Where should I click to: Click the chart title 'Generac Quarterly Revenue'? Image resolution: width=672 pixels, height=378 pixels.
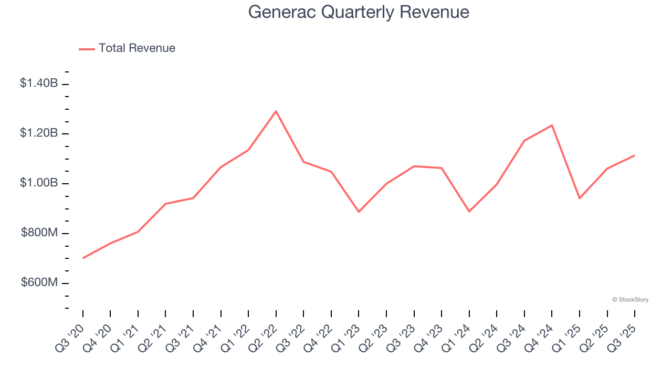(359, 12)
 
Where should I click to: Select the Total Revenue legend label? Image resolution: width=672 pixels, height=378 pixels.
(136, 48)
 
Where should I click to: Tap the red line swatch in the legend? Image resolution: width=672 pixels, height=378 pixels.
(87, 49)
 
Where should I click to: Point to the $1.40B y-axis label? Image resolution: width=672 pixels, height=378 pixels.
(39, 83)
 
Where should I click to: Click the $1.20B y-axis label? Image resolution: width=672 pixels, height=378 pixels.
(39, 133)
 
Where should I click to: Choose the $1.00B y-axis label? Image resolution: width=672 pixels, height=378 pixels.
(39, 183)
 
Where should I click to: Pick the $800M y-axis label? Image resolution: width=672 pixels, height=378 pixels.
(39, 233)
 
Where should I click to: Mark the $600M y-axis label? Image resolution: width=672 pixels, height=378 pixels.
(39, 282)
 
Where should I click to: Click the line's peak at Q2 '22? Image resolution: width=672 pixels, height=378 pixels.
(276, 111)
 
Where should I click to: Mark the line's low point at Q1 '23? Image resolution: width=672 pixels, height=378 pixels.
(359, 212)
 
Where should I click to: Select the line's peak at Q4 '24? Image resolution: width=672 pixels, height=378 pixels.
(552, 125)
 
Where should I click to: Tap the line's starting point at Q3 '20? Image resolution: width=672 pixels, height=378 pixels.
(83, 258)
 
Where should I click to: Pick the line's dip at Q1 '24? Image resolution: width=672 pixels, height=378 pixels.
(469, 212)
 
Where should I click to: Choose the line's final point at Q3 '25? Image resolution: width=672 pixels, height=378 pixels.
(634, 155)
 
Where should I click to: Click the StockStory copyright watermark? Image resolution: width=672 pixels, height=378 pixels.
(630, 300)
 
